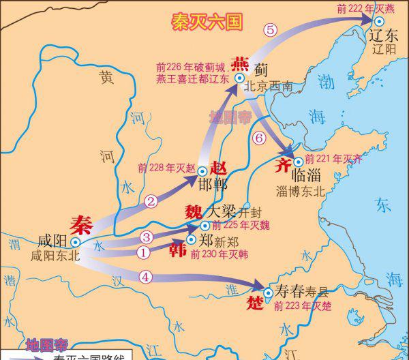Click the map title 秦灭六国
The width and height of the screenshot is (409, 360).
tap(207, 22)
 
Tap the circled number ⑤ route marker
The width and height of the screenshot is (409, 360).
tap(271, 29)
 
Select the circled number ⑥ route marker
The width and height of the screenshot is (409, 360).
tap(258, 138)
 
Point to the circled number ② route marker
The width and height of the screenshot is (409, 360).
tap(151, 200)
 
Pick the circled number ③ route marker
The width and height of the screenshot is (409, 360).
tap(146, 237)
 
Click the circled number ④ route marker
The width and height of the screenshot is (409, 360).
tap(145, 276)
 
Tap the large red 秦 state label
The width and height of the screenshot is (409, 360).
tap(81, 225)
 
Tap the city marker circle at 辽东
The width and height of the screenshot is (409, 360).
tap(379, 22)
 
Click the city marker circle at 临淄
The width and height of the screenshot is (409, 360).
tap(298, 162)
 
